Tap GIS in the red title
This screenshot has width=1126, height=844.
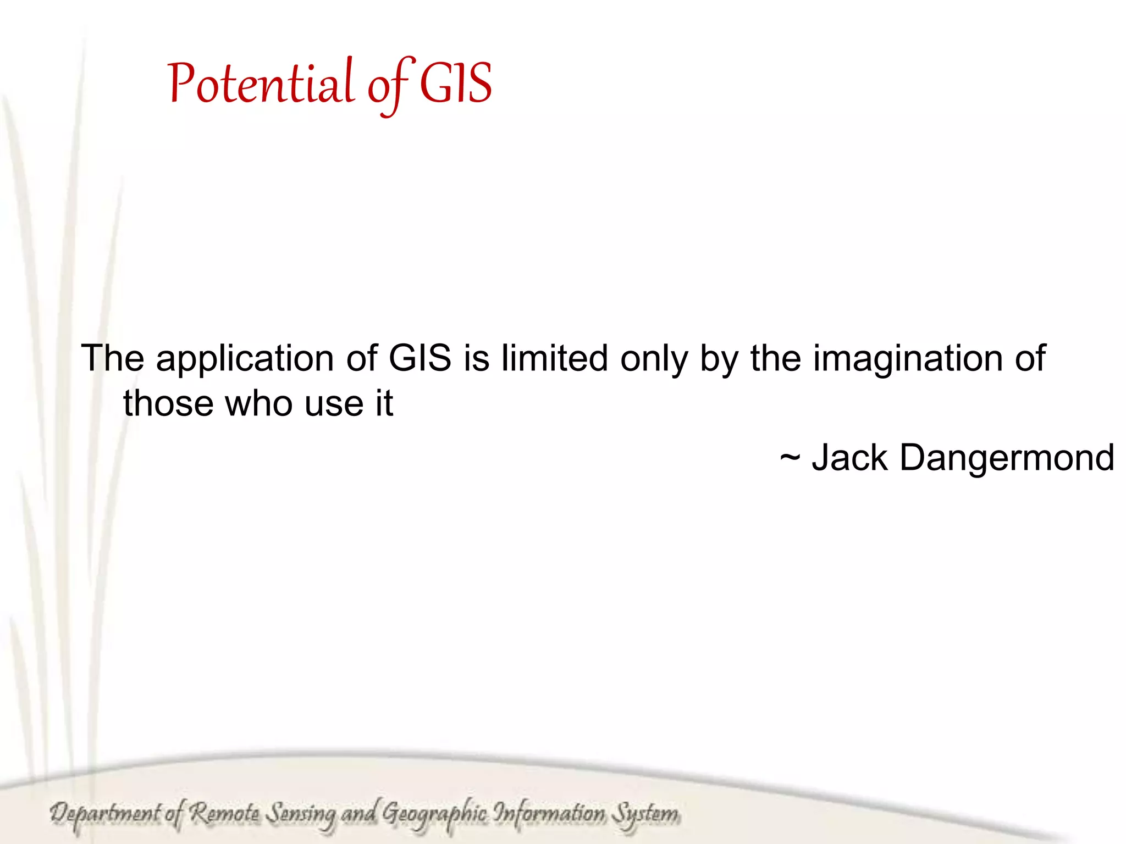tap(456, 84)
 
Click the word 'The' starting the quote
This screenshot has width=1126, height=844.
tap(113, 358)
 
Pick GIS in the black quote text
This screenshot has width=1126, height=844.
tap(420, 358)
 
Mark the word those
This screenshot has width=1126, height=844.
tap(168, 403)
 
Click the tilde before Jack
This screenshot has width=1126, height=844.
tap(790, 457)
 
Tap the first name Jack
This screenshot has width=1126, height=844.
tap(849, 457)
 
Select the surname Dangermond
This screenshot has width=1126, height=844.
tap(1007, 458)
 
